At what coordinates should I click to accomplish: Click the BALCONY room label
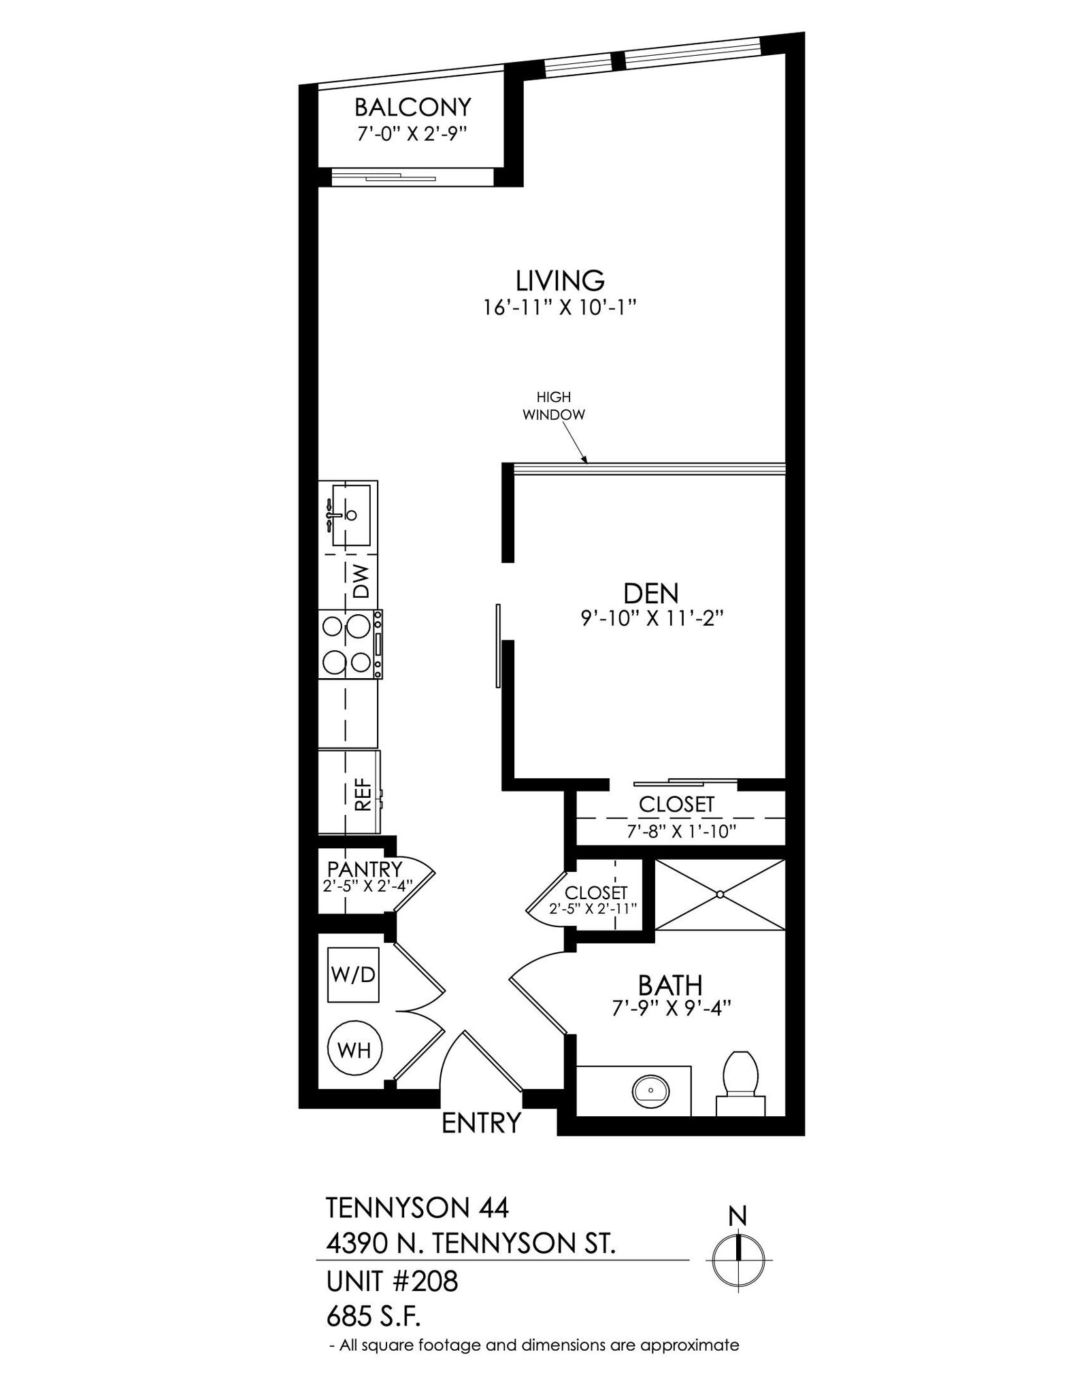[x=412, y=107]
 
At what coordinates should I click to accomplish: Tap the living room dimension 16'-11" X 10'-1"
[x=559, y=307]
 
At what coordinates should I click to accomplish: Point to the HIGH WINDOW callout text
[x=553, y=405]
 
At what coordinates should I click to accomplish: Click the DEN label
[x=650, y=593]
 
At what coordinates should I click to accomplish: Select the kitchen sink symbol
[x=350, y=515]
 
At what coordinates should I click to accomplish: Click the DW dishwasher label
[x=361, y=581]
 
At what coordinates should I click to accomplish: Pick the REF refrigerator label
[x=363, y=794]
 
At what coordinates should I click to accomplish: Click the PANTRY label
[x=364, y=869]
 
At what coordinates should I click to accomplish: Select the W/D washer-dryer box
[x=352, y=974]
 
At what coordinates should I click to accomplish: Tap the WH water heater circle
[x=354, y=1050]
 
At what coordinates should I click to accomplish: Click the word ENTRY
[x=481, y=1123]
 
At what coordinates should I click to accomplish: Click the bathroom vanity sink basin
[x=650, y=1091]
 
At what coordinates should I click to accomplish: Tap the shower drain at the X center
[x=720, y=894]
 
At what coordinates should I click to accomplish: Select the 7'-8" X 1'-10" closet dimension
[x=681, y=831]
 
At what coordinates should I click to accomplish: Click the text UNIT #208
[x=392, y=1281]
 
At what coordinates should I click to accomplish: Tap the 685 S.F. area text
[x=374, y=1318]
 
